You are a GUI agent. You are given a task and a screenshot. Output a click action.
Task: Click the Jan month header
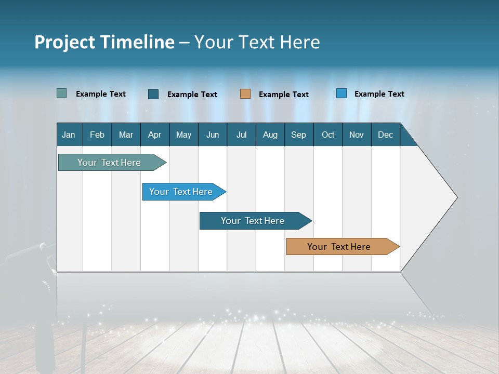pyautogui.click(x=69, y=135)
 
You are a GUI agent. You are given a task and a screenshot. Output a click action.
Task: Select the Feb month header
pyautogui.click(x=97, y=135)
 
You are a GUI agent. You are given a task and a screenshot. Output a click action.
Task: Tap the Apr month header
pyautogui.click(x=154, y=135)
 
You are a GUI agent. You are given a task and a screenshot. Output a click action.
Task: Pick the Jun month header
pyautogui.click(x=213, y=135)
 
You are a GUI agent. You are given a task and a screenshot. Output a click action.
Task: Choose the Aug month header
pyautogui.click(x=270, y=135)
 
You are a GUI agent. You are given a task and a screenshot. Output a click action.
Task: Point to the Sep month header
pyautogui.click(x=298, y=135)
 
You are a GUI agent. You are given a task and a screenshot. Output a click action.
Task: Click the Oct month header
pyautogui.click(x=328, y=135)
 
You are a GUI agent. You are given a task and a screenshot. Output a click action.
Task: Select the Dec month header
pyautogui.click(x=385, y=135)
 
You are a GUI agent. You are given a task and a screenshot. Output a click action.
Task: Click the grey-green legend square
pyautogui.click(x=62, y=94)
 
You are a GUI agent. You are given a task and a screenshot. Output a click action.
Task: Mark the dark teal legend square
pyautogui.click(x=153, y=94)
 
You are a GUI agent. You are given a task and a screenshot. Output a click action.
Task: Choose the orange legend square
pyautogui.click(x=245, y=94)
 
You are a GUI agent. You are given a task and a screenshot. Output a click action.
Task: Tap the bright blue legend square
pyautogui.click(x=342, y=94)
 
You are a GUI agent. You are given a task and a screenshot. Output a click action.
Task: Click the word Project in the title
pyautogui.click(x=64, y=42)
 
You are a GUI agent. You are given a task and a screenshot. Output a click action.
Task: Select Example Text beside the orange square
pyautogui.click(x=283, y=95)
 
